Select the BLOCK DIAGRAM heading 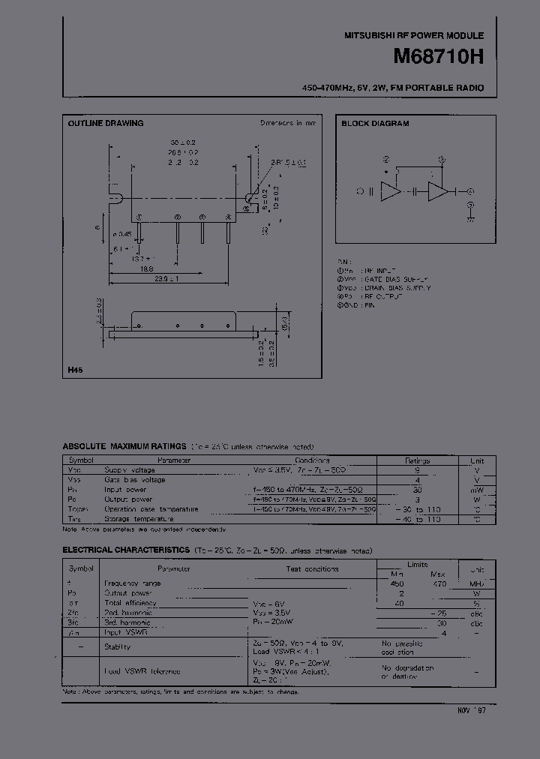[x=376, y=124]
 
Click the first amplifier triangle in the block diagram [x=390, y=191]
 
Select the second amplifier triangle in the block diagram [x=437, y=191]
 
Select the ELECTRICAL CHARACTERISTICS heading [x=125, y=550]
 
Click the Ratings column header [x=417, y=460]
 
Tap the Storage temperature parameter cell [x=139, y=518]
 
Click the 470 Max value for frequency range [x=439, y=583]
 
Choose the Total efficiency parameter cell [x=130, y=602]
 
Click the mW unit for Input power [x=477, y=489]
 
